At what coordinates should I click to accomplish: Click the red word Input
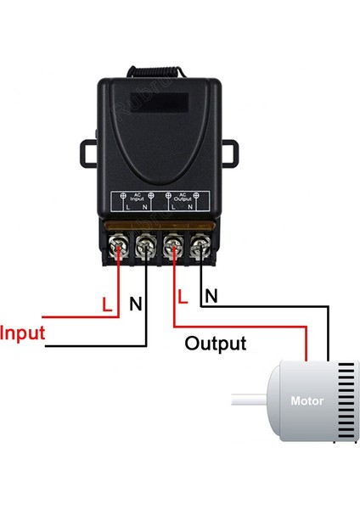pyautogui.click(x=23, y=332)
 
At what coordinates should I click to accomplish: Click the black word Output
pyautogui.click(x=216, y=344)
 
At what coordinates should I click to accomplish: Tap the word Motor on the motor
pyautogui.click(x=307, y=400)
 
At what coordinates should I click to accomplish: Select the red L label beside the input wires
pyautogui.click(x=106, y=303)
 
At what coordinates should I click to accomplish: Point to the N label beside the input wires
pyautogui.click(x=134, y=303)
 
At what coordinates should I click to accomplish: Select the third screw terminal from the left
pyautogui.click(x=172, y=249)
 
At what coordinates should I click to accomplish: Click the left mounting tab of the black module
pyautogui.click(x=89, y=153)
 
